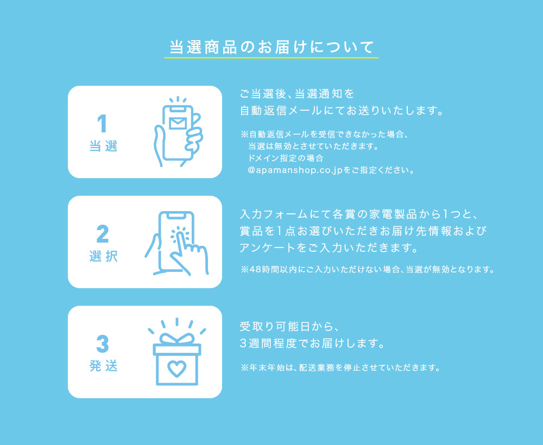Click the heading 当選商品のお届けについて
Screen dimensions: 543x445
271,47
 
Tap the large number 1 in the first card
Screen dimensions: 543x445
102,124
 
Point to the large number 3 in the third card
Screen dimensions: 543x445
103,344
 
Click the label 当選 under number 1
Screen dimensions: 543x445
103,146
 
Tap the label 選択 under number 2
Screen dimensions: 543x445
103,256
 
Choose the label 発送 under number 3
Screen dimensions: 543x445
103,366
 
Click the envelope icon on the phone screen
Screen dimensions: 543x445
178,123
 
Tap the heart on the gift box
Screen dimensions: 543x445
176,369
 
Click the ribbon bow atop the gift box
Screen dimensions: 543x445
177,339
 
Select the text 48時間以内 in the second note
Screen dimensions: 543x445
268,269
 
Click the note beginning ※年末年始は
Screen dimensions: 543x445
341,367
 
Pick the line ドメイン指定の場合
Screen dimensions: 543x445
286,158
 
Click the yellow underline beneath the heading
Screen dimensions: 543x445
271,58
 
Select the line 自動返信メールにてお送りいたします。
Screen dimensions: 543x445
342,110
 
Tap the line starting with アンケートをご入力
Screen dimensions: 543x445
329,248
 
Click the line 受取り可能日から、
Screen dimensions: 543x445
289,326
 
